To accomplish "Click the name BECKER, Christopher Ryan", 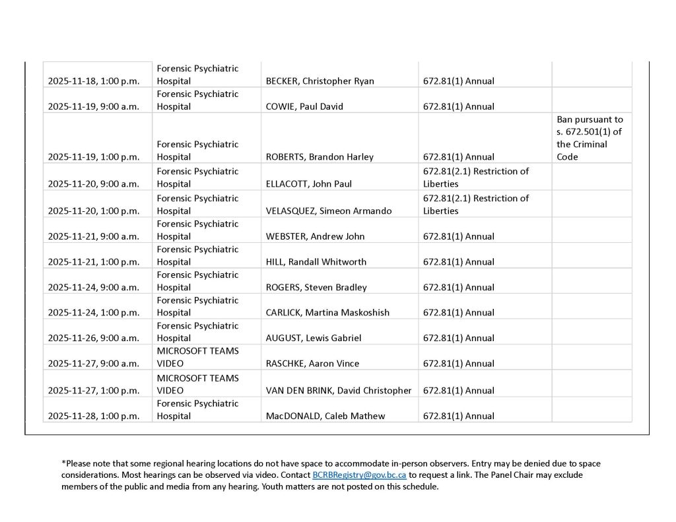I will (x=320, y=81).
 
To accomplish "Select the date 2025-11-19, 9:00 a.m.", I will (x=93, y=106).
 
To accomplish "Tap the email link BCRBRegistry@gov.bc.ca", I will (x=358, y=475).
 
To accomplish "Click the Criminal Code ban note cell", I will (x=590, y=138).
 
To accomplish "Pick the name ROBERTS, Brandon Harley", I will (x=320, y=157).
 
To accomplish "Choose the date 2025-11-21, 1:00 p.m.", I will (x=93, y=262).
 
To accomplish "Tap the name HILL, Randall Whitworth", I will (x=316, y=262).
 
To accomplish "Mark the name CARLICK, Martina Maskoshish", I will (x=327, y=313).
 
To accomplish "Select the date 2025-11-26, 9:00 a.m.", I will (x=93, y=338).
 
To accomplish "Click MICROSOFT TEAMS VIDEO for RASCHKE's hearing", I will (x=197, y=357).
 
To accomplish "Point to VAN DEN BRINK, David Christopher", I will (x=338, y=391).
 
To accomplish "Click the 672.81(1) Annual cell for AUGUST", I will (x=458, y=338).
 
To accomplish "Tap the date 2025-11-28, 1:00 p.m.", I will (x=93, y=416).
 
